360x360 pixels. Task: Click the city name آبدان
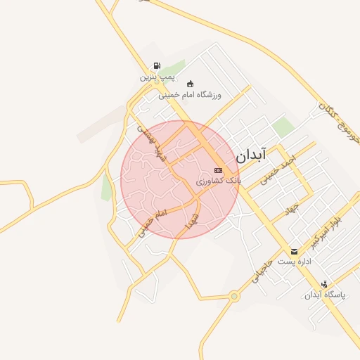[251, 154]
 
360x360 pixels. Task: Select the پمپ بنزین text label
[156, 76]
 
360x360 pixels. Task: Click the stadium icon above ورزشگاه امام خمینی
[190, 84]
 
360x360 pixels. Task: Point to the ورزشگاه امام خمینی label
[190, 94]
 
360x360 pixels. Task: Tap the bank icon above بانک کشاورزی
[219, 171]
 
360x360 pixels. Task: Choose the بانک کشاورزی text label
[218, 181]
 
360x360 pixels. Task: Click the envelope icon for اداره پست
[294, 251]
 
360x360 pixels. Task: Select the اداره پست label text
[294, 261]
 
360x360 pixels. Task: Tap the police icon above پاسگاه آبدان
[323, 284]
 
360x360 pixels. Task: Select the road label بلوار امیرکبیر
[328, 229]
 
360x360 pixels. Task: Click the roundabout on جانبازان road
[235, 296]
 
